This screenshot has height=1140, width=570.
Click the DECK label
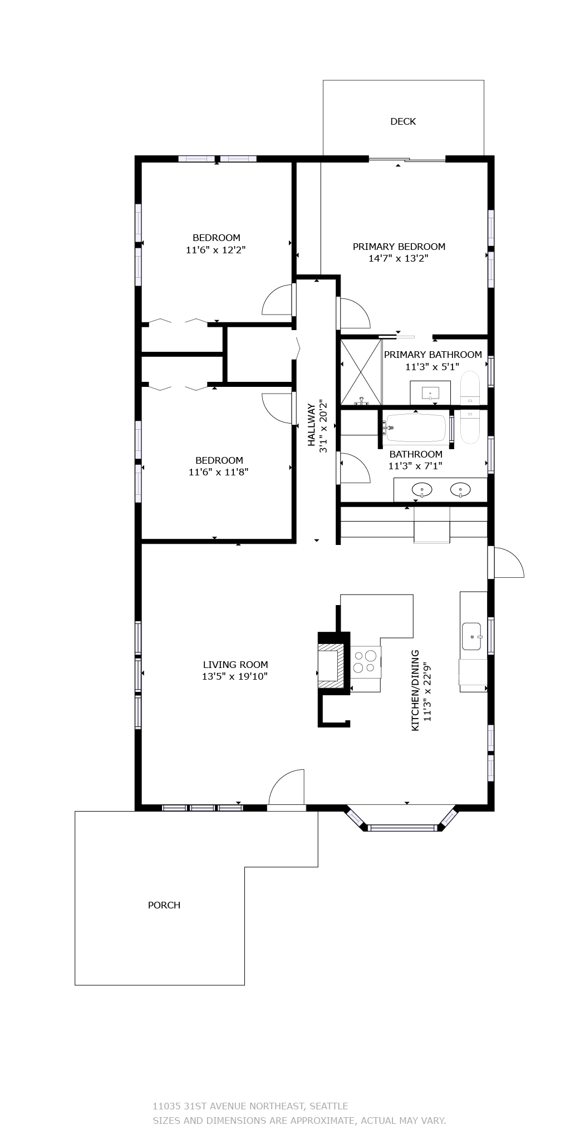coord(403,121)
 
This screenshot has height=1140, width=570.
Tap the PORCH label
coord(164,905)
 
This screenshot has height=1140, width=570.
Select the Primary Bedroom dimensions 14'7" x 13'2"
coord(399,258)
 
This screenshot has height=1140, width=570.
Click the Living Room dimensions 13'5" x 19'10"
coord(235,676)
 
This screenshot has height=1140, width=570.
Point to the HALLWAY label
coord(312,425)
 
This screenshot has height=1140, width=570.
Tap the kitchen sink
coord(471,636)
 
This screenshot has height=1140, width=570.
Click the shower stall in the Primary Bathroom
coord(361,372)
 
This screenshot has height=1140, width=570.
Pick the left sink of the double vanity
coord(422,490)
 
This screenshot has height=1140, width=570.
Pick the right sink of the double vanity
coord(460,490)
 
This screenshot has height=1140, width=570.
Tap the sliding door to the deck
coord(407,160)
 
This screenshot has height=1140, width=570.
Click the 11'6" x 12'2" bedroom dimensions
coord(216,250)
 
